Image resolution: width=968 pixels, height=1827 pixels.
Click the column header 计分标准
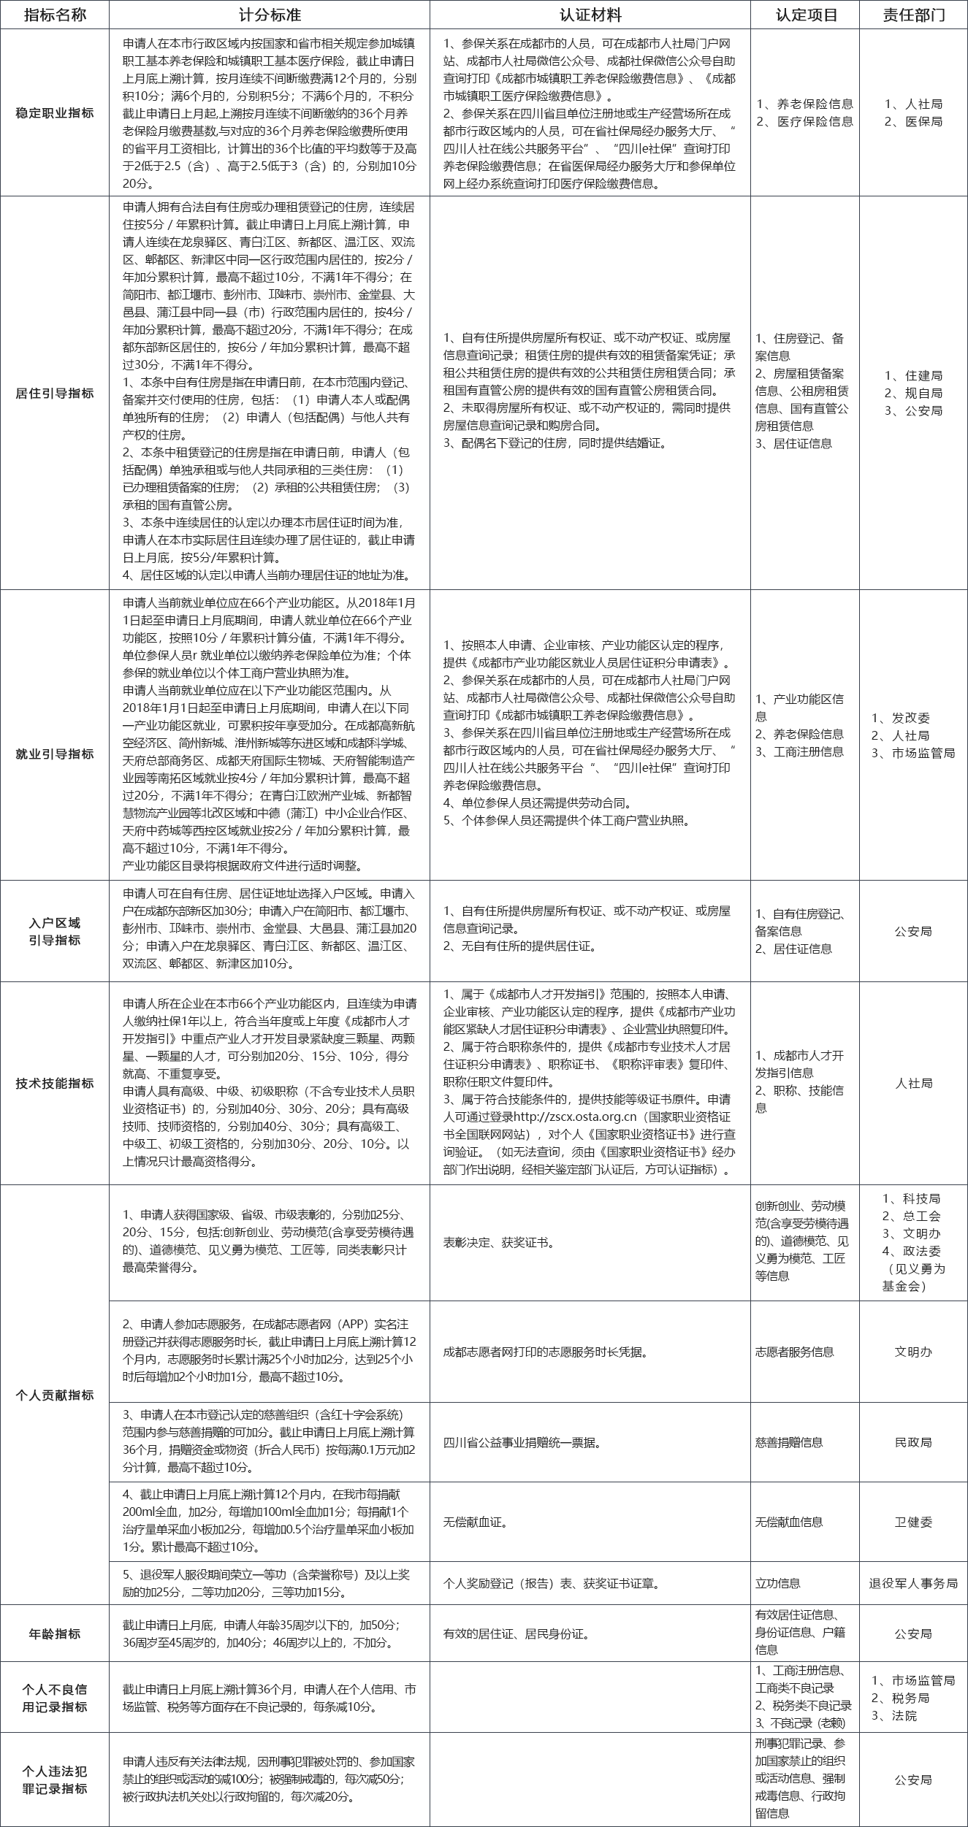click(x=269, y=15)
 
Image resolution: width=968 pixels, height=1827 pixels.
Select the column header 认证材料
click(x=590, y=15)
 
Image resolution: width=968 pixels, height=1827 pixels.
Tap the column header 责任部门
click(x=913, y=15)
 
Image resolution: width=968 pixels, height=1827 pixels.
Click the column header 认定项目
click(x=805, y=15)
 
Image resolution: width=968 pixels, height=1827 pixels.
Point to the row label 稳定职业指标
click(x=55, y=113)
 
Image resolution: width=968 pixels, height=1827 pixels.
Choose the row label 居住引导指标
click(x=55, y=394)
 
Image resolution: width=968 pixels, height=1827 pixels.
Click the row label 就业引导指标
click(x=55, y=754)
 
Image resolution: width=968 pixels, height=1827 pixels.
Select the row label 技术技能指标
click(x=55, y=1084)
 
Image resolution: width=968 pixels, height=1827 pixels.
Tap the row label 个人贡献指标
click(x=55, y=1395)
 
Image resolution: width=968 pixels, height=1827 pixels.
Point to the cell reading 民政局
click(x=913, y=1442)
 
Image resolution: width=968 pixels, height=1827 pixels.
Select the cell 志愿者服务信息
click(x=794, y=1352)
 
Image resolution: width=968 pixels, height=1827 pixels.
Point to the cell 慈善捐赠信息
click(x=789, y=1442)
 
